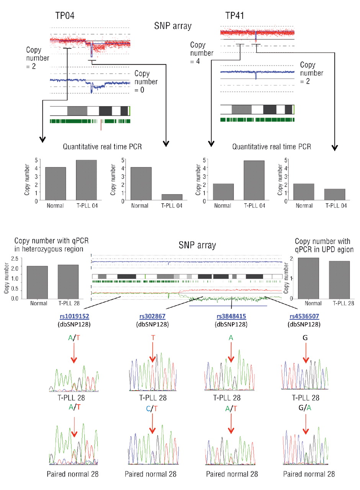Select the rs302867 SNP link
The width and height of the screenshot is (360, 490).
(152, 316)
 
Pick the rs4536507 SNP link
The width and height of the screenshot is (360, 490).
(305, 316)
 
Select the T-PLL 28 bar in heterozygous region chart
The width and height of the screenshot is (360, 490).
(68, 281)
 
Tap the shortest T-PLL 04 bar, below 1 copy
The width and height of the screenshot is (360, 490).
(172, 197)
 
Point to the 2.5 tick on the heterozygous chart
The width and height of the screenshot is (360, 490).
(19, 258)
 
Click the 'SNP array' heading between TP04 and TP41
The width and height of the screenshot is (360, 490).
(172, 26)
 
